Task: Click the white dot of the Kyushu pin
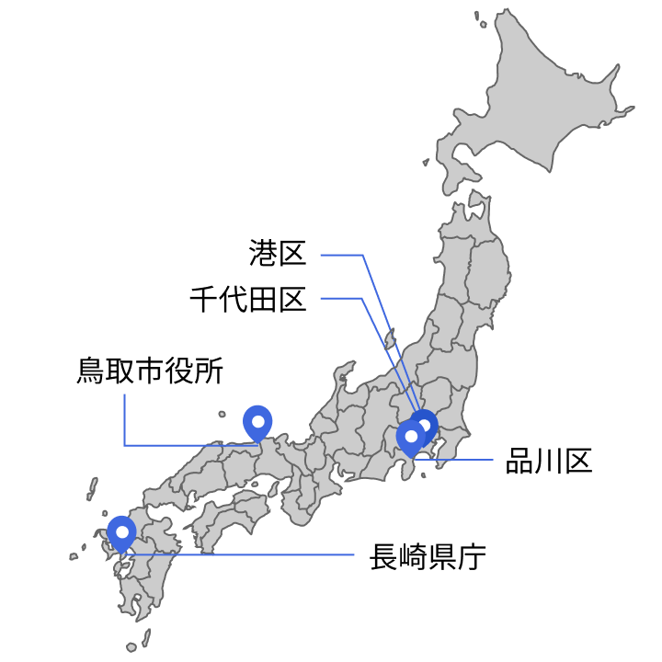(x=121, y=531)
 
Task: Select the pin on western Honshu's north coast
(x=257, y=422)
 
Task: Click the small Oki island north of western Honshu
(x=222, y=414)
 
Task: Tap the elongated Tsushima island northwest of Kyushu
(x=93, y=486)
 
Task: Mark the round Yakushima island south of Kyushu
(x=131, y=647)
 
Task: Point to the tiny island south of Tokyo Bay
(x=423, y=474)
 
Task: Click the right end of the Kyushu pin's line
(x=354, y=554)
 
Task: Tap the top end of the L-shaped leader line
(x=124, y=394)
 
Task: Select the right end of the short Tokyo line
(x=493, y=459)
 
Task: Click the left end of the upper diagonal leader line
(x=321, y=255)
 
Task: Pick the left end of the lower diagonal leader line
(x=321, y=298)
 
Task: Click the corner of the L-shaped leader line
(x=124, y=445)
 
